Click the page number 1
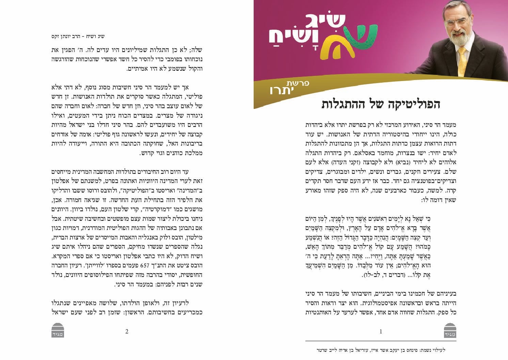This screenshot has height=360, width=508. pos(381,331)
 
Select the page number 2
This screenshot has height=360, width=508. pos(127,331)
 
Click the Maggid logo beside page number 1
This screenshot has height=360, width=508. pos(450,330)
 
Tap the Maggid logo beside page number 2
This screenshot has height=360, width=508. pos(58,330)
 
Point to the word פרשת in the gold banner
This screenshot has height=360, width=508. pos(298,83)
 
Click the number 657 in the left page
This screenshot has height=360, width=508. pos(145,265)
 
